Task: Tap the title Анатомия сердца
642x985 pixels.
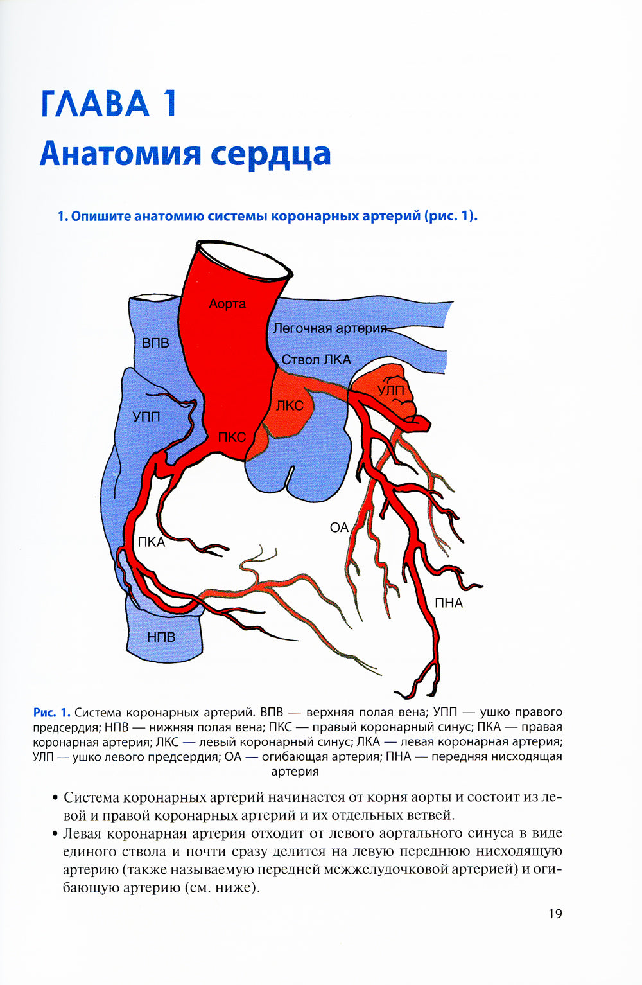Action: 185,154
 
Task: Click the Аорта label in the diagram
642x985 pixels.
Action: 227,304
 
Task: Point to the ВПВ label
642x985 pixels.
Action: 155,344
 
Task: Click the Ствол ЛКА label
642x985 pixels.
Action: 317,360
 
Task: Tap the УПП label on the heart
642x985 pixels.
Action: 146,416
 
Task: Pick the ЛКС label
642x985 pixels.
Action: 290,405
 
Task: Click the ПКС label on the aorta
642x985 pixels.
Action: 232,438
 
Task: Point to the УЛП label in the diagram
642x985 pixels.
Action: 390,390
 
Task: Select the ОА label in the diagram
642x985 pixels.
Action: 339,528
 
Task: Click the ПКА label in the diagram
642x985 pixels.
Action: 152,542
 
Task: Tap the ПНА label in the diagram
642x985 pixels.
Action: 449,603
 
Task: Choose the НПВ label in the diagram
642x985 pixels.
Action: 161,637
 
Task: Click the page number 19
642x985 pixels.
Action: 555,914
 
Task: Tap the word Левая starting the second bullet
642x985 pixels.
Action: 82,834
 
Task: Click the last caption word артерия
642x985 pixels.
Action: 295,772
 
